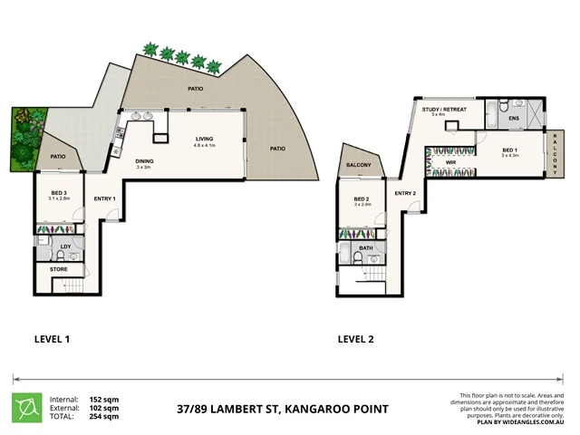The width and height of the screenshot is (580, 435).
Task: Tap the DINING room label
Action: (143, 161)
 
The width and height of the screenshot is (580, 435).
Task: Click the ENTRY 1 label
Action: (104, 198)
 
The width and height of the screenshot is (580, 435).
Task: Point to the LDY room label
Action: (65, 246)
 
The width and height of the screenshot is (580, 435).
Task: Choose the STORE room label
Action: (57, 269)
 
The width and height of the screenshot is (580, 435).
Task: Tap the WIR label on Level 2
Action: (449, 163)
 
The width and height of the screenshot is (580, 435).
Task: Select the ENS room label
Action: (513, 119)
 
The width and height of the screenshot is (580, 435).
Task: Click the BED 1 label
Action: (510, 150)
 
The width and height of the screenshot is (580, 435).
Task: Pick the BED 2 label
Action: (361, 199)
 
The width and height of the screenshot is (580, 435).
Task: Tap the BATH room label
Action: (365, 247)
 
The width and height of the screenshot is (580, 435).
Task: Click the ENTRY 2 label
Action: (404, 193)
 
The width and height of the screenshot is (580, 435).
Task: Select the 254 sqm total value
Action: (104, 417)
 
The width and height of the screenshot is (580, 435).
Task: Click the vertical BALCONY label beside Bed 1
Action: (555, 155)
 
